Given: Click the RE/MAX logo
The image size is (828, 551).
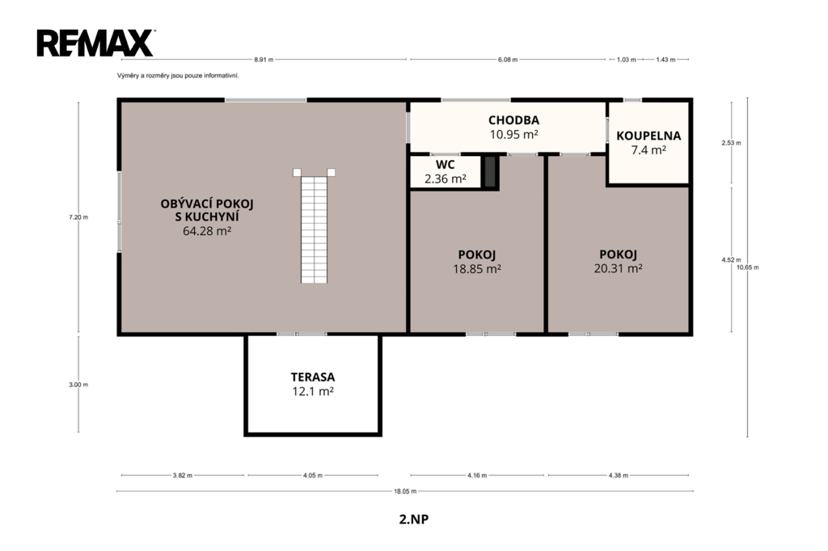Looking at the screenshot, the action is point(95,43).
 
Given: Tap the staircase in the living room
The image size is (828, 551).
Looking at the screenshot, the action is point(315,226).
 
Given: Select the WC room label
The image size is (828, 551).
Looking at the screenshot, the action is point(446,165).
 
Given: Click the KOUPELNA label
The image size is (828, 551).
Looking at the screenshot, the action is point(648,136).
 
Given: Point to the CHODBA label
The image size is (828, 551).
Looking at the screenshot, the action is point(513,120).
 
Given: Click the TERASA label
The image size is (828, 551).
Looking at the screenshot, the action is point(313,377).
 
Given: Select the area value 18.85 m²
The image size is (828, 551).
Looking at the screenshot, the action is point(477,269).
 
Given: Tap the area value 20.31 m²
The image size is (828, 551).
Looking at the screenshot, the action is point(618,268).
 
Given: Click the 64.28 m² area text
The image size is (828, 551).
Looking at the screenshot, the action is point(207,230).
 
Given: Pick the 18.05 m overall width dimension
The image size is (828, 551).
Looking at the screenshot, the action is point(405,491).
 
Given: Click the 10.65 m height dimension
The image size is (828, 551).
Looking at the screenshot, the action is point(748,267).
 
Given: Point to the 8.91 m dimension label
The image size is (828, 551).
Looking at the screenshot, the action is point(264,60).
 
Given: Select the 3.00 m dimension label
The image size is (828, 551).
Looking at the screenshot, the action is point(78,385).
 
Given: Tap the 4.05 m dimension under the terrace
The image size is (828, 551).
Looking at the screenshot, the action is point(313,476).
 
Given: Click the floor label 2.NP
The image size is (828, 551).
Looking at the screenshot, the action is point(414,519).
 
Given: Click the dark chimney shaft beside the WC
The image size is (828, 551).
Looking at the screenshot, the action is point(490,171).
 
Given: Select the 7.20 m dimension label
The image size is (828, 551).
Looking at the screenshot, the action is point(78,217).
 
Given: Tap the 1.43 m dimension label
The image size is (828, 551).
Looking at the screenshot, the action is point(666,60).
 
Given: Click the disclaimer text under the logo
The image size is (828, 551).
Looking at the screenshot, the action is point(178,75).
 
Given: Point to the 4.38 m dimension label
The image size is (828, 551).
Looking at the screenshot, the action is point(619,476).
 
